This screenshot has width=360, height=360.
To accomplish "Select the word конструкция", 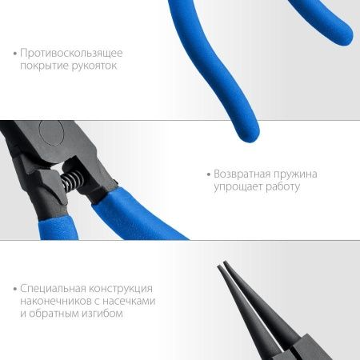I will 127,288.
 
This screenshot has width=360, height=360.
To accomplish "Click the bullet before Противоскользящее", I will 15,54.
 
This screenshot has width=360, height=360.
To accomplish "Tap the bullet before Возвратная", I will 207,174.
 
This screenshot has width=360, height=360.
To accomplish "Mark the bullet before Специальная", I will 15,289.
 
